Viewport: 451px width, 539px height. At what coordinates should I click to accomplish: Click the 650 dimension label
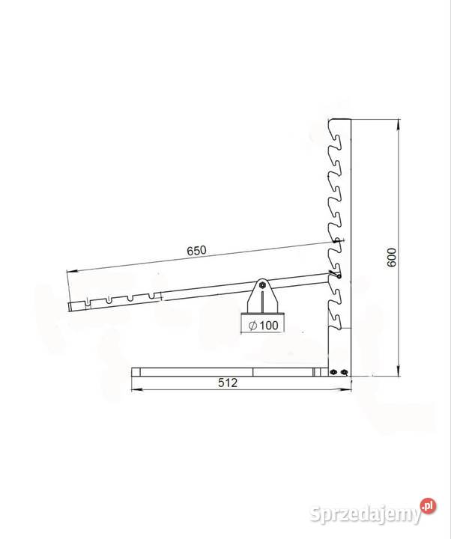coord(197,250)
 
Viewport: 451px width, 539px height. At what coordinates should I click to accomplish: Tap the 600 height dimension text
coord(392,258)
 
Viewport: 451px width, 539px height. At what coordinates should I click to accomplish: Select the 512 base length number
coord(228,383)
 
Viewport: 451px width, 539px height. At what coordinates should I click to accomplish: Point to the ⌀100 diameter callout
coord(263,325)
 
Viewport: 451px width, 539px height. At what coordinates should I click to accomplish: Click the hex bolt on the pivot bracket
coord(262,284)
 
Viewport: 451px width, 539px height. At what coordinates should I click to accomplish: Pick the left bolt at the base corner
coord(333,372)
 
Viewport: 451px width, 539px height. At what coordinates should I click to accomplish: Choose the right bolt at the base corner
coord(344,372)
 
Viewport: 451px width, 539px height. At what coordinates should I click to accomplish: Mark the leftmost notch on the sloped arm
coord(88,302)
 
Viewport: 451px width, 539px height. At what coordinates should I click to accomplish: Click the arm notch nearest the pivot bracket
coord(151,296)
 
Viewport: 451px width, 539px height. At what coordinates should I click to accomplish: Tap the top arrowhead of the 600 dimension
coord(399,123)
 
